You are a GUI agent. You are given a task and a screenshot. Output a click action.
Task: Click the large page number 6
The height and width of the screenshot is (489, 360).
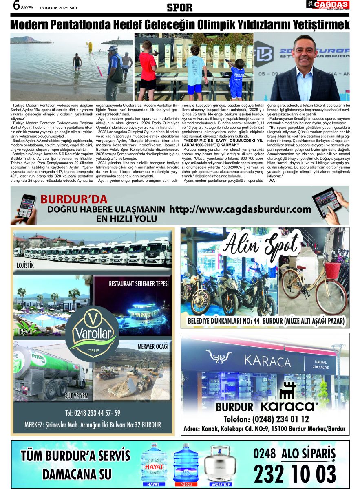pos(16,6)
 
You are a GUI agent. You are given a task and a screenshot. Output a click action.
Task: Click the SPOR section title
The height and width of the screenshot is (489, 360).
pos(180,7)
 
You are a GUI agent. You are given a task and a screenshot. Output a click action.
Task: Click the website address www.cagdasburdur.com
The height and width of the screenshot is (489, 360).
pos(240,209)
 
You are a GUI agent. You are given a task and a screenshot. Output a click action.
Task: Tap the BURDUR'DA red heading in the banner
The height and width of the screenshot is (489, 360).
pos(74,200)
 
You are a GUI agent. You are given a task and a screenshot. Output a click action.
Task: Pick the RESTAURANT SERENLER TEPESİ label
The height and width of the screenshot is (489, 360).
pos(139,284)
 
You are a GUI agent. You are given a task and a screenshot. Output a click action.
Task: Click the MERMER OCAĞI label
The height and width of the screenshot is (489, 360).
pos(153,346)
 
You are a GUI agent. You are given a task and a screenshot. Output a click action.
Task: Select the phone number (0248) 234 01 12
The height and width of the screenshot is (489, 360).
pos(266,419)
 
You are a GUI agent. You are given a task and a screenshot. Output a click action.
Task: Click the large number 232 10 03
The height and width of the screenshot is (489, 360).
pos(295,473)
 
